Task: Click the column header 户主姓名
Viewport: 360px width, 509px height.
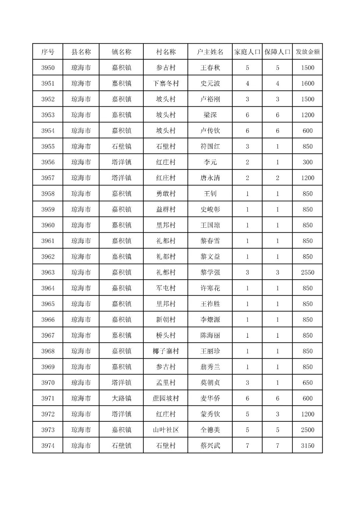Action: (210, 52)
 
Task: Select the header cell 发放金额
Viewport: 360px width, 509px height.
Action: (307, 52)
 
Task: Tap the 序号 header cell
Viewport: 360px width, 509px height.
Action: (48, 52)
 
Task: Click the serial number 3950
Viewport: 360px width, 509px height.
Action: (48, 68)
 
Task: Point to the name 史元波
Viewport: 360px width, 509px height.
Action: (210, 83)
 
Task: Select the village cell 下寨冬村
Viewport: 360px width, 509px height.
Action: (166, 83)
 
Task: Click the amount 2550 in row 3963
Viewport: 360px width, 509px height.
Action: (307, 272)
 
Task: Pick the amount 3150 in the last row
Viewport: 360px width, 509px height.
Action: (307, 446)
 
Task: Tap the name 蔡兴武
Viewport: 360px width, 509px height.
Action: (210, 446)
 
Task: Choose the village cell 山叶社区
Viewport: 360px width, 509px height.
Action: (166, 430)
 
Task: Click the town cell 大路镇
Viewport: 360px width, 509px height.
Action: (121, 398)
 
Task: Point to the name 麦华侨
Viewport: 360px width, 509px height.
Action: (210, 398)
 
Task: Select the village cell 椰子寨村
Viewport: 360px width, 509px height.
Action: (166, 351)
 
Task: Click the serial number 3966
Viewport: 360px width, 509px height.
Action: (48, 320)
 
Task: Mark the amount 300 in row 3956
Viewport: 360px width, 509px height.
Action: (307, 162)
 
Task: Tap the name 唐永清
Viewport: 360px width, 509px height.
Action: (210, 178)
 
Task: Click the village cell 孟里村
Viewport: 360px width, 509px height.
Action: (166, 383)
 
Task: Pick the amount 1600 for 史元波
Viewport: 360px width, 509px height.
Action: (307, 83)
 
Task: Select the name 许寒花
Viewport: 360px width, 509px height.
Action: (210, 288)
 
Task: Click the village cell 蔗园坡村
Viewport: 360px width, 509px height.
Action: (166, 398)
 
